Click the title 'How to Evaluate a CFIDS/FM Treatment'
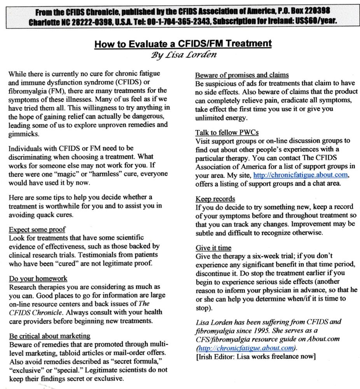click(183, 43)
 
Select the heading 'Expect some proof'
click(37, 230)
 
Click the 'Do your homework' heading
click(38, 279)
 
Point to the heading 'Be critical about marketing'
click(49, 336)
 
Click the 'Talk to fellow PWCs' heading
click(227, 133)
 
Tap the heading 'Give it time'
click(213, 248)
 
